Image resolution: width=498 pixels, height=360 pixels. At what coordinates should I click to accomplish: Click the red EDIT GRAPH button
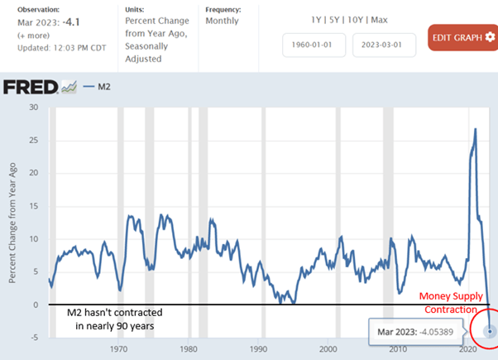pyautogui.click(x=462, y=37)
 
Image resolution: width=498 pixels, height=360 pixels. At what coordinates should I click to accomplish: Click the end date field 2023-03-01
pyautogui.click(x=383, y=45)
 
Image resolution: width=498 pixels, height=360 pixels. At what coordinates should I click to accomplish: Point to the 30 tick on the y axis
pyautogui.click(x=34, y=107)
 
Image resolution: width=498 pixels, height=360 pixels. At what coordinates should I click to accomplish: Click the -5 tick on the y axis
pyautogui.click(x=33, y=338)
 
